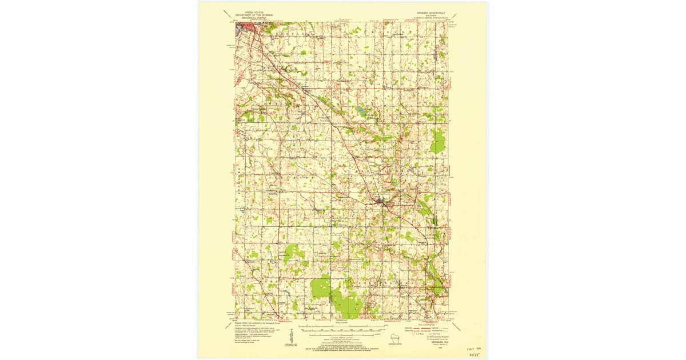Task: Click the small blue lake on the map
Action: pyautogui.click(x=361, y=109)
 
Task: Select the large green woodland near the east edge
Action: pyautogui.click(x=437, y=141)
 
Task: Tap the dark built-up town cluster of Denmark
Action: pyautogui.click(x=380, y=201)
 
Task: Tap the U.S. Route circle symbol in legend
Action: pyautogui.click(x=414, y=334)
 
